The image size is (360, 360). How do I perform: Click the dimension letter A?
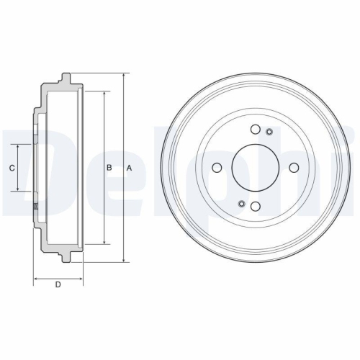point(129,168)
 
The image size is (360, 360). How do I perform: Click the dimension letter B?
point(109,168)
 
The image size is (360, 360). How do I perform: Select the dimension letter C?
point(12,168)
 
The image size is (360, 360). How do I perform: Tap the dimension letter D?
point(58,286)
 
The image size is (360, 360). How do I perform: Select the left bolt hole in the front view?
point(217,168)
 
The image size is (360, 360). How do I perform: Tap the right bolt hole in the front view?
point(293,168)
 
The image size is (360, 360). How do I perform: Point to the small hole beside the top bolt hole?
point(269,131)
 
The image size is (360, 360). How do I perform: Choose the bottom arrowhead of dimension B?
point(105,242)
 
